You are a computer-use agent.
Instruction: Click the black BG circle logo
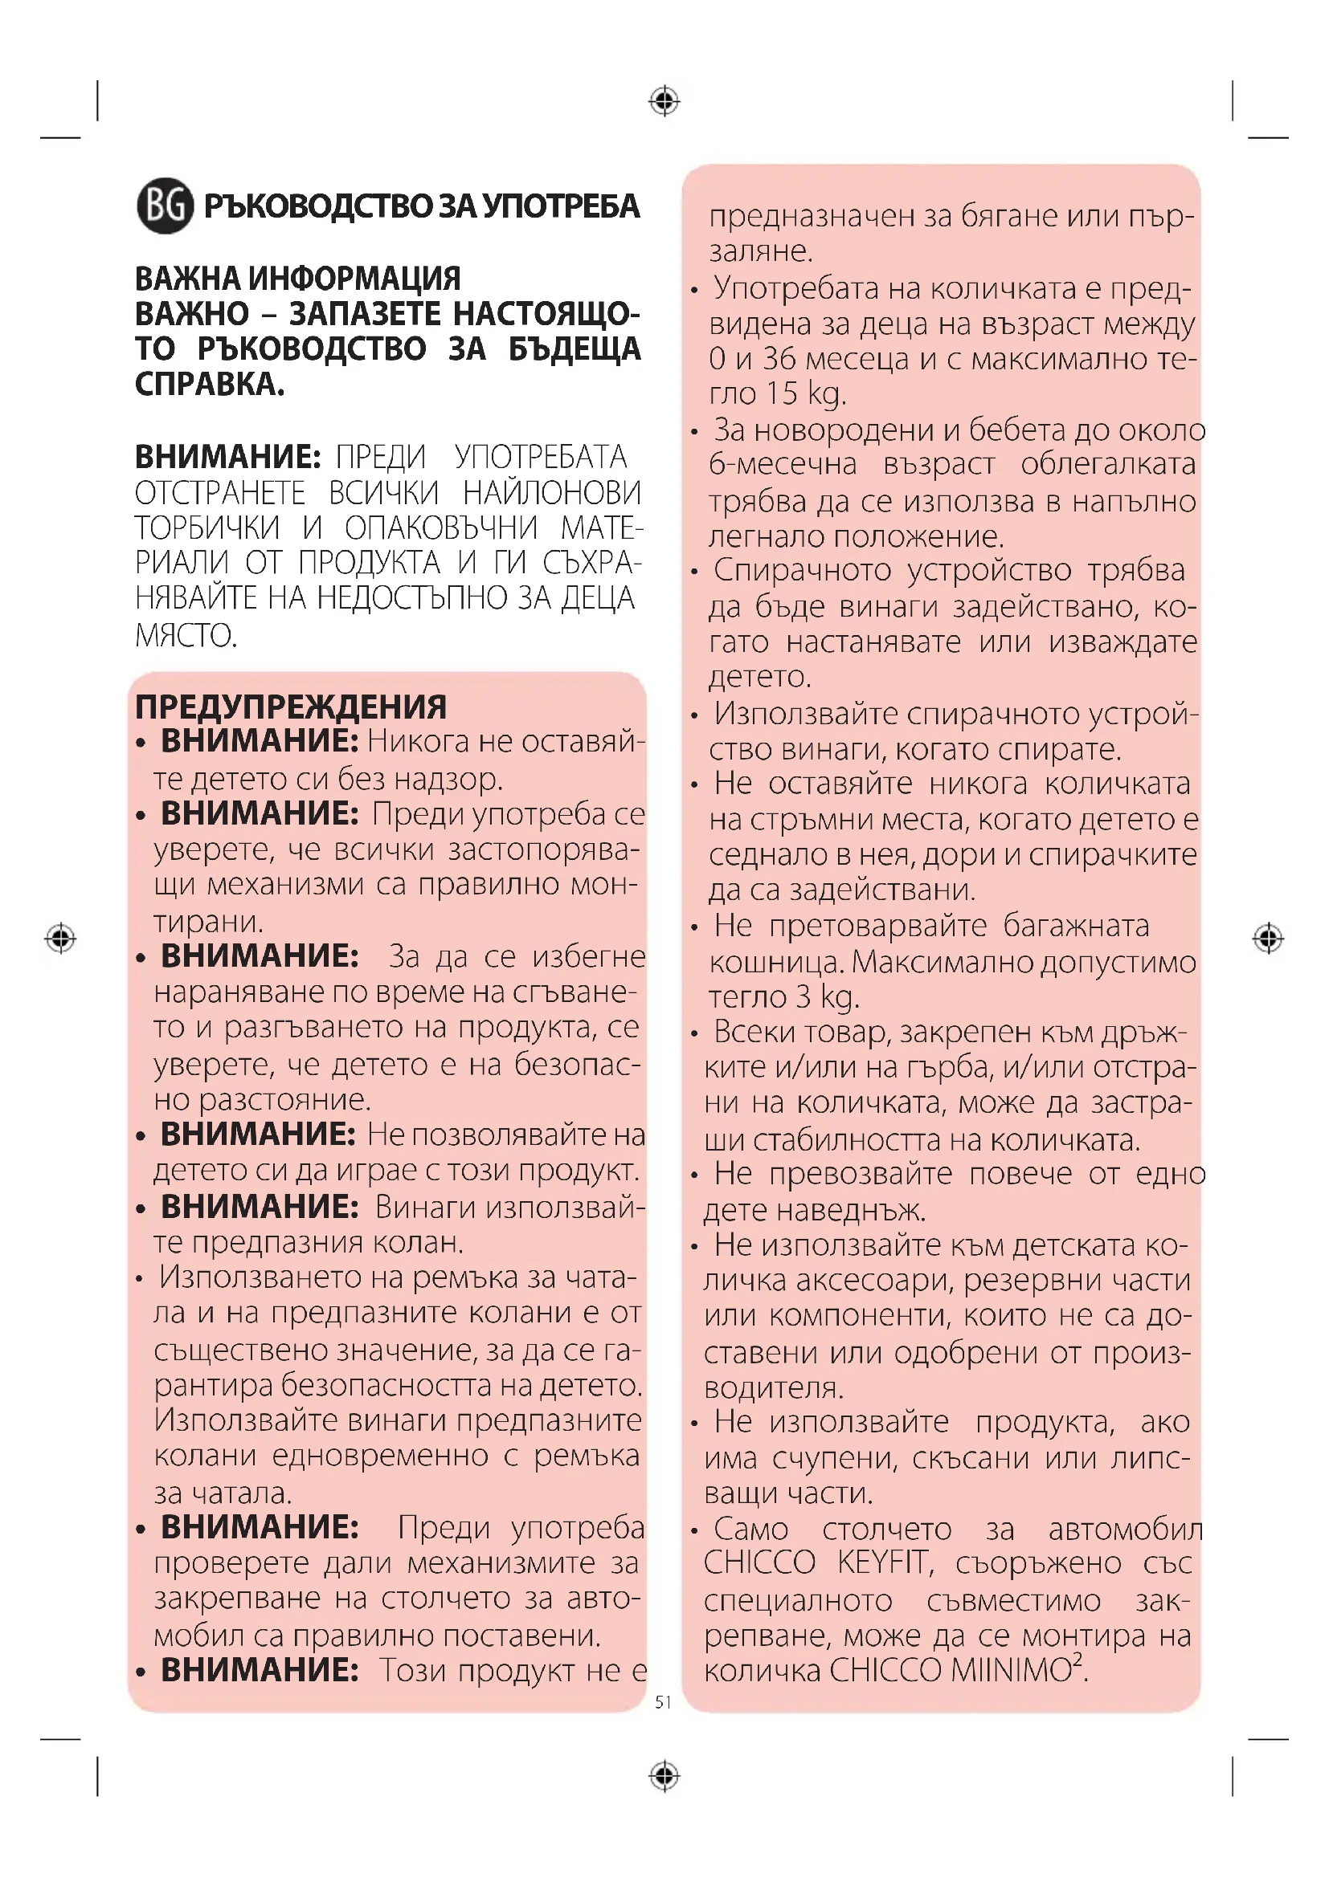(166, 206)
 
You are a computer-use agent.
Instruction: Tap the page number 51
(663, 1702)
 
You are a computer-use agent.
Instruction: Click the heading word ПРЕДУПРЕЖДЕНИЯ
(291, 707)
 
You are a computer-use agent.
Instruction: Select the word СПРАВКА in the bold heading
(209, 385)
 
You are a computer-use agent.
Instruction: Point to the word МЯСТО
(186, 635)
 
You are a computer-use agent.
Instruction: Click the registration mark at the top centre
(664, 102)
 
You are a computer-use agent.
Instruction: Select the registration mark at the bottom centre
(664, 1776)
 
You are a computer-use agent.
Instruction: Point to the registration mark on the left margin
(61, 937)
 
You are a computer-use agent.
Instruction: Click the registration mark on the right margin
(1268, 937)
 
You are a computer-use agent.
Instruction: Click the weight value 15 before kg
(783, 393)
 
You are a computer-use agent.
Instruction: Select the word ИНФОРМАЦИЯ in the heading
(354, 279)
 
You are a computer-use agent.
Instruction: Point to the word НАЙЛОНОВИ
(552, 493)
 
